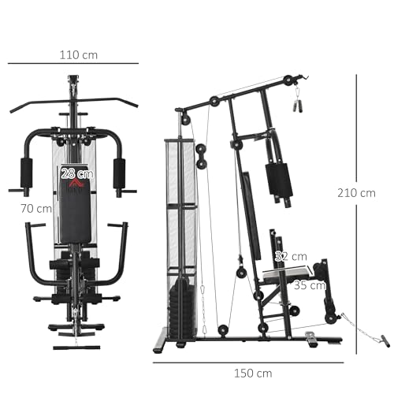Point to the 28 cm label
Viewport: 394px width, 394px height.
[x=77, y=173]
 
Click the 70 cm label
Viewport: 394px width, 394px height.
[x=37, y=209]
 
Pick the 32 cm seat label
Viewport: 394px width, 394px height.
[x=291, y=256]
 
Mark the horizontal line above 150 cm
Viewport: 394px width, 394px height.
[x=249, y=362]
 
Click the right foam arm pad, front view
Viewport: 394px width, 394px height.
[x=119, y=173]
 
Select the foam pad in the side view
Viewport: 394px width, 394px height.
[x=278, y=180]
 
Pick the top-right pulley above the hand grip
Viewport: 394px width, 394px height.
[x=289, y=80]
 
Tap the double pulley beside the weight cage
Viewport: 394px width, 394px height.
[x=202, y=155]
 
